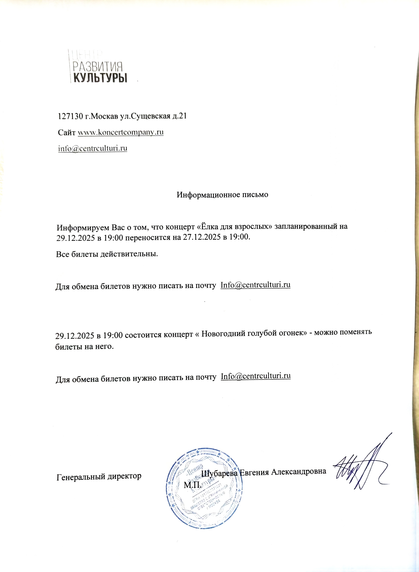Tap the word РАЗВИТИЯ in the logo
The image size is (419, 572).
(x=98, y=67)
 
